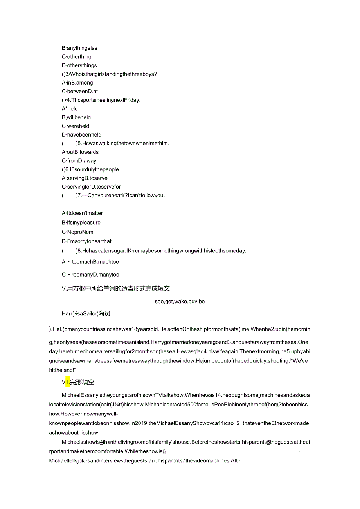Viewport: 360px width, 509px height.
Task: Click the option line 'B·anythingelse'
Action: click(x=79, y=48)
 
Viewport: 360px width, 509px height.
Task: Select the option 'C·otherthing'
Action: click(x=77, y=57)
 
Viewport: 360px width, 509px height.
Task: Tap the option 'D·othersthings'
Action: click(x=79, y=65)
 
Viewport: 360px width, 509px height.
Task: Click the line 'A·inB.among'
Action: click(x=77, y=83)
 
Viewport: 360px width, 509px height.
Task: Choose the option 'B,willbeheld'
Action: click(x=76, y=117)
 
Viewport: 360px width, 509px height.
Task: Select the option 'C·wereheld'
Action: click(x=76, y=126)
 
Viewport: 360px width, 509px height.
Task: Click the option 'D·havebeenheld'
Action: click(x=81, y=135)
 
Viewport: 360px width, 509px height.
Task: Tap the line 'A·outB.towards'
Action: click(x=80, y=152)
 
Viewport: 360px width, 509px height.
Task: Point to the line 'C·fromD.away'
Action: click(x=79, y=161)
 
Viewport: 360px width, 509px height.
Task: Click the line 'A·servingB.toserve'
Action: click(x=85, y=178)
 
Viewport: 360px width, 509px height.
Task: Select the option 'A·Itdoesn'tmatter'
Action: click(x=82, y=213)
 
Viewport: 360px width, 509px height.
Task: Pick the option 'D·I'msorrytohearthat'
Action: click(x=86, y=241)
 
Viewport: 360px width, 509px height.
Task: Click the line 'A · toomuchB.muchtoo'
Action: click(x=90, y=262)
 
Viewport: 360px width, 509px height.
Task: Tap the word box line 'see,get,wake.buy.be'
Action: click(x=180, y=301)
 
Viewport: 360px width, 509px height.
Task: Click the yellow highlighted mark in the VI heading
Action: click(x=67, y=382)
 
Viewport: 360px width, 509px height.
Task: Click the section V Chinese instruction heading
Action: click(x=116, y=288)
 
